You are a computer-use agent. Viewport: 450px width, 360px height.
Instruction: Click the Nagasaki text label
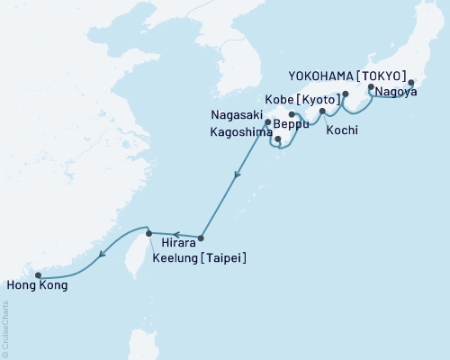(236, 115)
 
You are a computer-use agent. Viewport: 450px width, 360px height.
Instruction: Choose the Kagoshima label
(238, 132)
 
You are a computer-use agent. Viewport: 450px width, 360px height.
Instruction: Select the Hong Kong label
(36, 286)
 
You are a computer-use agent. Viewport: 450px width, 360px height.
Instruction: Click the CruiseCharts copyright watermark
(5, 329)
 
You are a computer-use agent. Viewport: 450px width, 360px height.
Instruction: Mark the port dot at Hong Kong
(38, 275)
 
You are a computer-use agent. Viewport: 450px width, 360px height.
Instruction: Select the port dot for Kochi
(322, 111)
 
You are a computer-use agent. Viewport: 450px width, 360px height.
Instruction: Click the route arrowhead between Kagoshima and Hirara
(236, 178)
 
